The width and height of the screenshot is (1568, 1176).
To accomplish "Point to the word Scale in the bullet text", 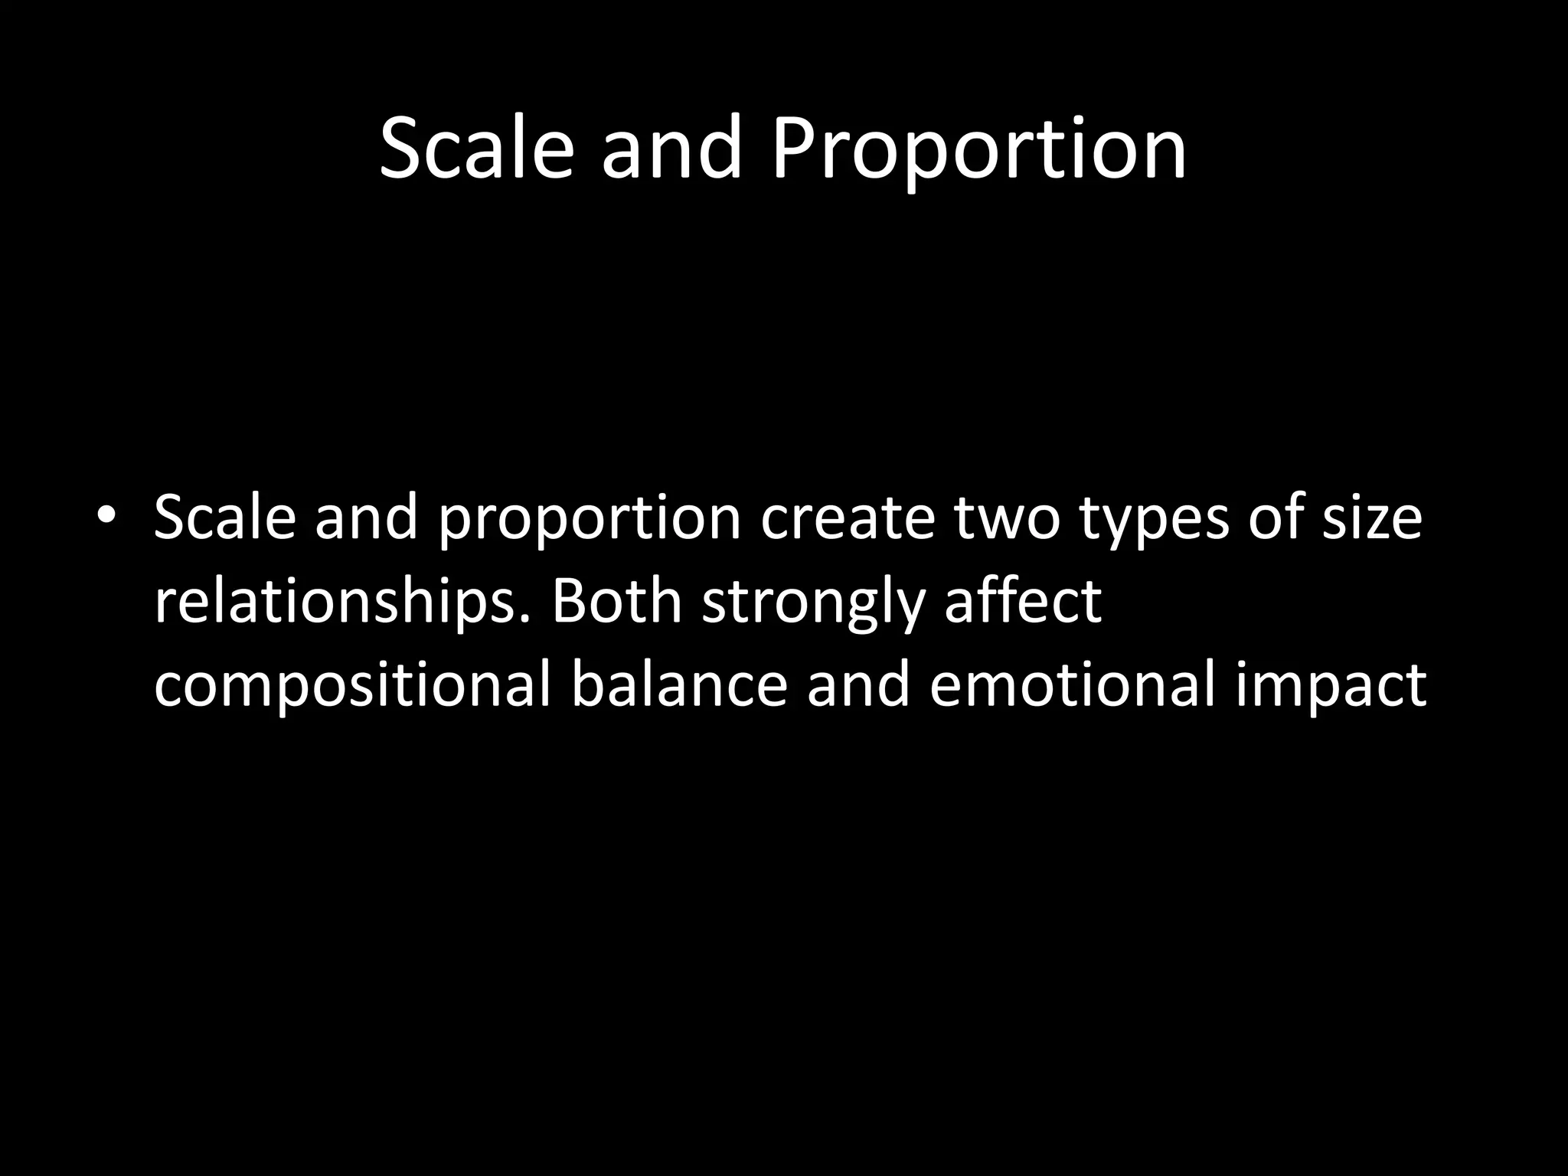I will pos(224,517).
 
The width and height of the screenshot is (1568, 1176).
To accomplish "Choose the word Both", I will pos(616,600).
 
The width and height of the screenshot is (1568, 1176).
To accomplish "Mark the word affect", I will pos(1023,600).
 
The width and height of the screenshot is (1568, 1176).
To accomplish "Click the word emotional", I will pos(1072,684).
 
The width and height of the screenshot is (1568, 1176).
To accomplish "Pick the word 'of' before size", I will pos(1276,517).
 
